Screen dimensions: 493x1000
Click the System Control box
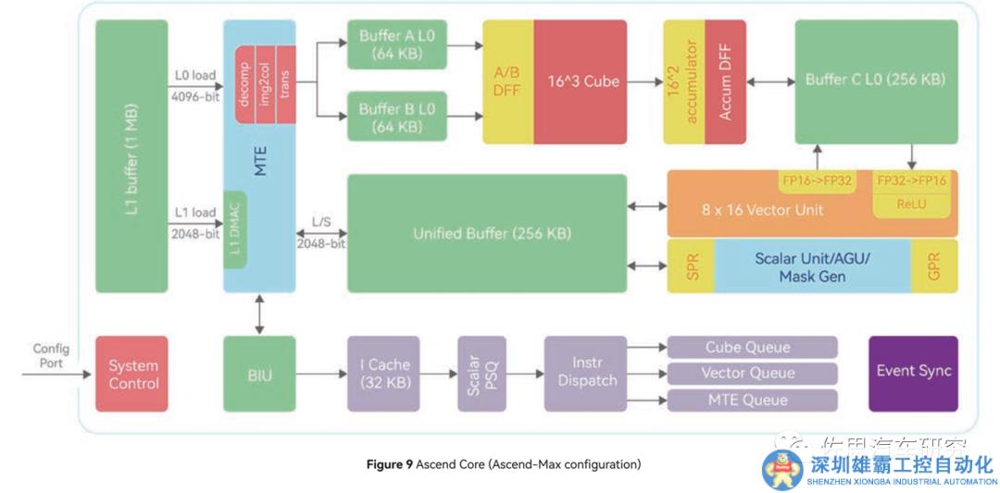[131, 374]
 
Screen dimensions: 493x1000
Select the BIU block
[259, 374]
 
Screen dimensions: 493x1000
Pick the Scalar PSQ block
[481, 374]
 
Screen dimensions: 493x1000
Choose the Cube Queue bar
[752, 348]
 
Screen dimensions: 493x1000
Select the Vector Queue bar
[752, 374]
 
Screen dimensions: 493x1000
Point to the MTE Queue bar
[752, 401]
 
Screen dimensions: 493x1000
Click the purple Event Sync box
[913, 372]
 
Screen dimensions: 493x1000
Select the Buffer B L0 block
[397, 117]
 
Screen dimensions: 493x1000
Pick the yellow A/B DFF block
[507, 81]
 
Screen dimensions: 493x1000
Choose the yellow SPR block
[691, 266]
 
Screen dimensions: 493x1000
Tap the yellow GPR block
[934, 266]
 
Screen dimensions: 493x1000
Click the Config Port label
[51, 356]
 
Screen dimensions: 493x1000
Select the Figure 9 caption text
[504, 464]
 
